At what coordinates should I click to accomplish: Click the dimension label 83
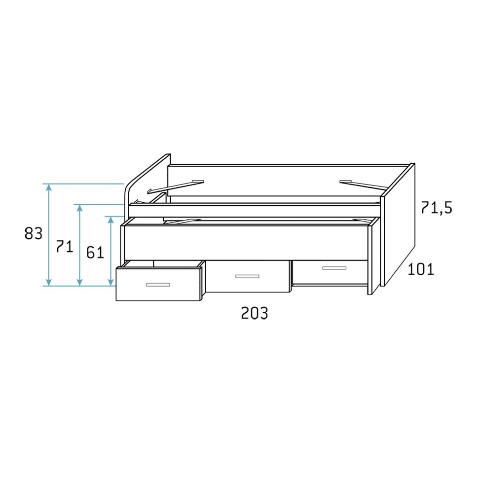click(x=34, y=233)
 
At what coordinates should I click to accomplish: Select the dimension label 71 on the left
click(x=65, y=246)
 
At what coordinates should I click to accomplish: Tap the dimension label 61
click(x=95, y=252)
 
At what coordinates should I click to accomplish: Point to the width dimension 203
click(x=254, y=313)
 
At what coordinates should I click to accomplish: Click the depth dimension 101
click(x=420, y=269)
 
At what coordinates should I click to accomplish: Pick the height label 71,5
click(x=436, y=208)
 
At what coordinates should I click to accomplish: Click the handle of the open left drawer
click(x=158, y=285)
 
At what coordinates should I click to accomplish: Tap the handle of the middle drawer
click(x=247, y=276)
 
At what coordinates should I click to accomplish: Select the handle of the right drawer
click(x=334, y=268)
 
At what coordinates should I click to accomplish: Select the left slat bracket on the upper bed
click(x=175, y=186)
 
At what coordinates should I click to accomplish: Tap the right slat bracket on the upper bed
click(x=364, y=184)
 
